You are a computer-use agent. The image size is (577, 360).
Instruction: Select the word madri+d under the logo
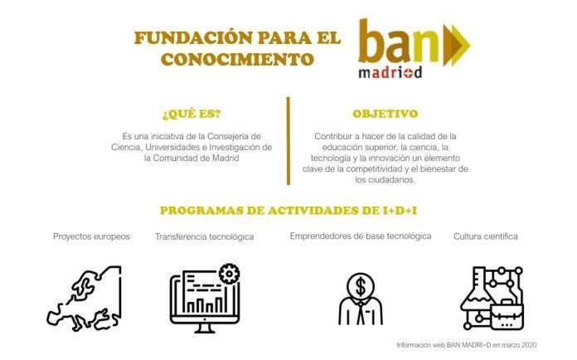(x=390, y=72)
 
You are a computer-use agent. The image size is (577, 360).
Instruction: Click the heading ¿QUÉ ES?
(x=192, y=114)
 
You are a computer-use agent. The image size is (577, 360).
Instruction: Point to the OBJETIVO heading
(x=385, y=114)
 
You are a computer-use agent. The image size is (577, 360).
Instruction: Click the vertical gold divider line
(x=288, y=141)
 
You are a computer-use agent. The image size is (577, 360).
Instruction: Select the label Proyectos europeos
(x=91, y=236)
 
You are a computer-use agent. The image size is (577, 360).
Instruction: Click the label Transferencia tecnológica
(x=204, y=237)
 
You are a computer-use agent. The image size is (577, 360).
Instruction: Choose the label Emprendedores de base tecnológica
(x=361, y=236)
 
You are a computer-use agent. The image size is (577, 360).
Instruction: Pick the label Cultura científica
(x=486, y=236)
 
